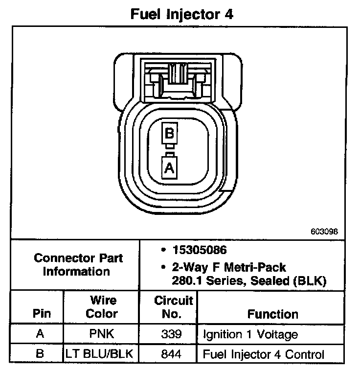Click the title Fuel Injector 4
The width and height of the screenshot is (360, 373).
[181, 14]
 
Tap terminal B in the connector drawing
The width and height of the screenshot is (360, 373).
[169, 133]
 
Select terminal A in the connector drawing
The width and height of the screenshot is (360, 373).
[169, 168]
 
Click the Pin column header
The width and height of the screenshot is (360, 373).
[42, 314]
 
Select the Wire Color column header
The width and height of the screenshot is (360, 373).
[102, 306]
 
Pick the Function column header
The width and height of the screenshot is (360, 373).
[272, 314]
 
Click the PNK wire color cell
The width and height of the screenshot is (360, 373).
[102, 335]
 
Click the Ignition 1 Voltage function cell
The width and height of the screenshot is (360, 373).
[250, 335]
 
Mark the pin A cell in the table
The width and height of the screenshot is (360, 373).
[42, 335]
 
